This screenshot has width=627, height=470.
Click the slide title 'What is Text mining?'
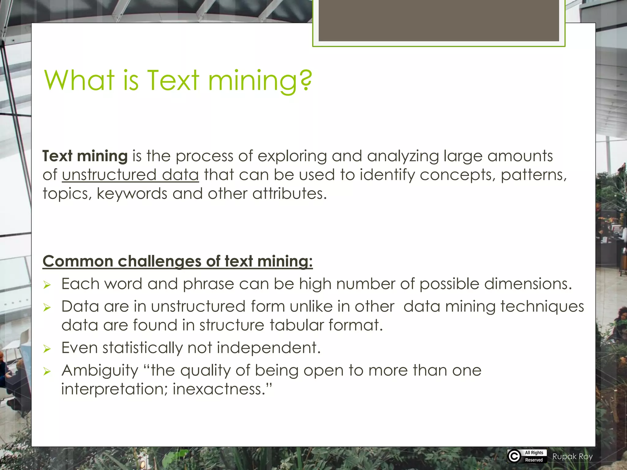coord(178,80)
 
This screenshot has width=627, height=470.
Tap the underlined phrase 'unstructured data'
coord(130,175)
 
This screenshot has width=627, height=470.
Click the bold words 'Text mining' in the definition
coord(85,156)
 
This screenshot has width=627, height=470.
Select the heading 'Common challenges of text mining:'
coord(178,261)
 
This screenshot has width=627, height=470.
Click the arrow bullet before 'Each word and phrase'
coord(47,285)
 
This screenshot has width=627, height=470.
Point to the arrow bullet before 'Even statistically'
coord(47,349)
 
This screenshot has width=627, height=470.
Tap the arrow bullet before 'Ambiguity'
coord(47,371)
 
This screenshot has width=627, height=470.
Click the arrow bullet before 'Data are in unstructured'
coord(47,307)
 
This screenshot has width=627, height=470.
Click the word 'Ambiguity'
coord(100,371)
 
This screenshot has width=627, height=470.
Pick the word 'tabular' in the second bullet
coord(296,325)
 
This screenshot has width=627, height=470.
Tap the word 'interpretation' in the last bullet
coord(114,389)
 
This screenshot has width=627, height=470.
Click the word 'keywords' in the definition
coord(132,194)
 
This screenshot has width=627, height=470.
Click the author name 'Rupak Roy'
coord(572,457)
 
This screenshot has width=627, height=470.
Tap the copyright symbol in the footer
coord(514,456)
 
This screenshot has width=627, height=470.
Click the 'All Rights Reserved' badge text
coord(534,456)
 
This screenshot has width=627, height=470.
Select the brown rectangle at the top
coord(438,20)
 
